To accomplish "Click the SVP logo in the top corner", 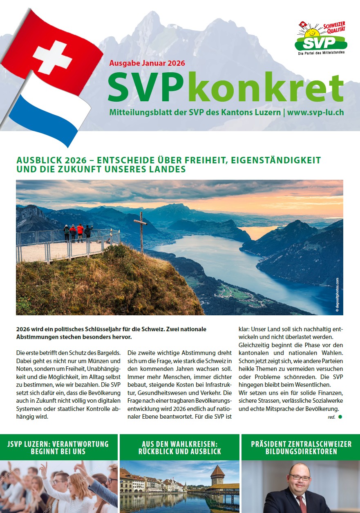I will pyautogui.click(x=321, y=38).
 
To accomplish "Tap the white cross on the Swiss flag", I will pyautogui.click(x=52, y=57).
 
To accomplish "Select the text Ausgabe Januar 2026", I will pyautogui.click(x=147, y=63).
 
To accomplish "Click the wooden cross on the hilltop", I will pyautogui.click(x=141, y=231).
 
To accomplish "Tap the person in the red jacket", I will pyautogui.click(x=80, y=232).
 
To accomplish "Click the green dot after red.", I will pyautogui.click(x=340, y=417).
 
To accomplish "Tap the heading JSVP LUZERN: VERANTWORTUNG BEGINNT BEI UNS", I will pyautogui.click(x=58, y=448).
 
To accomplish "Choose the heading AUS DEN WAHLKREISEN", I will pyautogui.click(x=179, y=444).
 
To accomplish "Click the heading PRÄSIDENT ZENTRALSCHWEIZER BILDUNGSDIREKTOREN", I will pyautogui.click(x=301, y=448).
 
